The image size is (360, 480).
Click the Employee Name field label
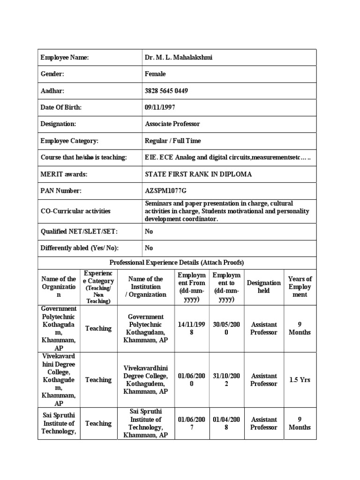[x=65, y=58]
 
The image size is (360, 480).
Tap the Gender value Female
[x=155, y=74]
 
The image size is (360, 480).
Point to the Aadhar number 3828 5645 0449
[x=166, y=91]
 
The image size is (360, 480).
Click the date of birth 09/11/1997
[x=160, y=107]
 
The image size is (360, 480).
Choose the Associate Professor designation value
[x=172, y=124]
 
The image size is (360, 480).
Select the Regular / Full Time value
[x=173, y=141]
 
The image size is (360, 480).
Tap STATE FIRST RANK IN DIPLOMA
[x=198, y=174]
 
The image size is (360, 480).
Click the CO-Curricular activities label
[x=75, y=211]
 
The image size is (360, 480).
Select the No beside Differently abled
[x=149, y=248]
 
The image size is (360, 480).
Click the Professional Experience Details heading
[x=177, y=262]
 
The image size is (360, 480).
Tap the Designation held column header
[x=264, y=287]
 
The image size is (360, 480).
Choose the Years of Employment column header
[x=300, y=287]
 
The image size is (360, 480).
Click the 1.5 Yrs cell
[x=300, y=380]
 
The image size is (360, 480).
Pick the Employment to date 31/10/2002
[x=226, y=380]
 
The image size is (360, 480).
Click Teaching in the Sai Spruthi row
[x=98, y=423]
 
